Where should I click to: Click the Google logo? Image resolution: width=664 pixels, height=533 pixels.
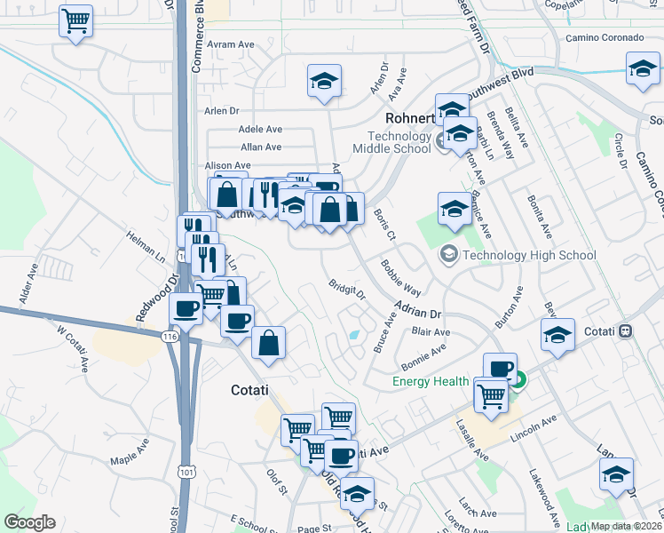tap(30, 522)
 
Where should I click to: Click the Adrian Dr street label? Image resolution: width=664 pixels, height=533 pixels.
tap(417, 314)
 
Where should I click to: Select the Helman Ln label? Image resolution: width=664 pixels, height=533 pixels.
tap(146, 252)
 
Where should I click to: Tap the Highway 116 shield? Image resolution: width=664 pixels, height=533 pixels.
tap(170, 336)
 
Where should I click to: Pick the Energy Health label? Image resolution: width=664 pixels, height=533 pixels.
tap(431, 382)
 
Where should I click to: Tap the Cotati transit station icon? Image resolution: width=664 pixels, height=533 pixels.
tap(626, 331)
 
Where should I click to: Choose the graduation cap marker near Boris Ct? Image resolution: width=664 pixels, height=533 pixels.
tap(455, 209)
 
